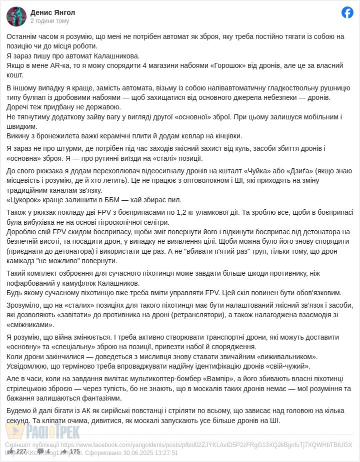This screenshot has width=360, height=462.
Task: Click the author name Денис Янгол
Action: (52, 12)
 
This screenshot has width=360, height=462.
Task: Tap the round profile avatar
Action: (16, 16)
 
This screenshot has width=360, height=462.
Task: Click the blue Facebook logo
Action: (347, 12)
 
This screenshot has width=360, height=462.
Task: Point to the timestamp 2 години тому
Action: (49, 21)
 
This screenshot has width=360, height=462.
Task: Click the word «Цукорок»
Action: (24, 200)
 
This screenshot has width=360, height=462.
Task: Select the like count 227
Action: (21, 452)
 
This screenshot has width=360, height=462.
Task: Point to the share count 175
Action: (74, 452)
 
